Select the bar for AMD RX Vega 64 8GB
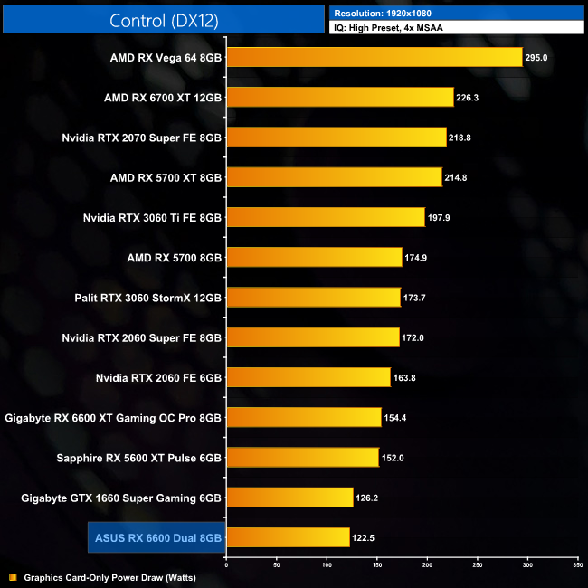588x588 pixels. (374, 58)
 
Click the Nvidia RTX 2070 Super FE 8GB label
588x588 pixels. (142, 138)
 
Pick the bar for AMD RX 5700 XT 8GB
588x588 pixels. (334, 177)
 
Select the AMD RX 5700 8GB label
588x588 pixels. (175, 257)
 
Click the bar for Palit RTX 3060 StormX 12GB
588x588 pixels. (313, 297)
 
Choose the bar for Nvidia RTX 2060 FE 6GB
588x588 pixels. (308, 377)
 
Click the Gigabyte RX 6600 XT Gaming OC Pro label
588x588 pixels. (113, 417)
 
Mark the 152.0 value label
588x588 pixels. (393, 458)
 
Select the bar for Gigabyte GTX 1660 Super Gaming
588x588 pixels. (289, 498)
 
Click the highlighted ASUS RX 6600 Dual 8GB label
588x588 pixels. (157, 537)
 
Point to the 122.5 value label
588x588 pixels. (364, 538)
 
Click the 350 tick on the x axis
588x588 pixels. (577, 564)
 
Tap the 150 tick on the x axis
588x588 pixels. (376, 564)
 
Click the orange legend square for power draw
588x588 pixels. (13, 577)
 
